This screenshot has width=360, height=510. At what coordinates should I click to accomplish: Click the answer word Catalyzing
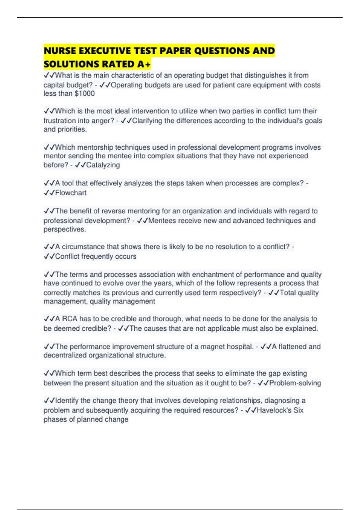pos(103,165)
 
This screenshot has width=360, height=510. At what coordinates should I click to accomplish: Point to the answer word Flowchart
pos(71,193)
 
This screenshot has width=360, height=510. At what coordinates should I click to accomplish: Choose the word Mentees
pos(162,221)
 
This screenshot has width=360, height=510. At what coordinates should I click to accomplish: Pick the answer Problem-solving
pos(295,383)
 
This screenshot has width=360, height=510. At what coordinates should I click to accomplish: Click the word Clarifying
pos(147,121)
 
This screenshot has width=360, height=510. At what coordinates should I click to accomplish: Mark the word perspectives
pos(64,229)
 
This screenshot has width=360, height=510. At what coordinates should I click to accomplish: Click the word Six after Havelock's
pos(298,410)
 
